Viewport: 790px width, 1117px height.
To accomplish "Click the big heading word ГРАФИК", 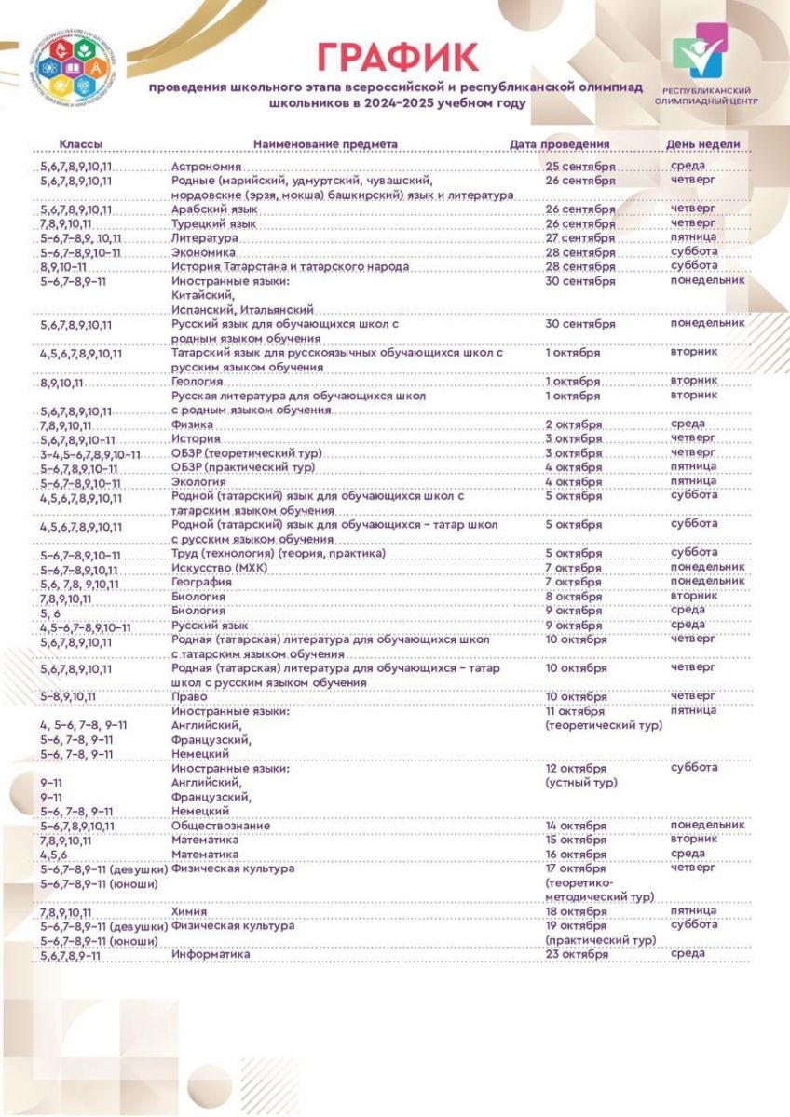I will (x=398, y=58).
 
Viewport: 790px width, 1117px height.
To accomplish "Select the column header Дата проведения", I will (x=560, y=144).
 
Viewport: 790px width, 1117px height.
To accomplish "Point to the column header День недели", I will (x=702, y=144).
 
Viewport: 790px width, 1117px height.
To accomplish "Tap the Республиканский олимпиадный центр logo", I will (x=705, y=70).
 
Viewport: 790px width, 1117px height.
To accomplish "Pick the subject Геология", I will (x=197, y=382).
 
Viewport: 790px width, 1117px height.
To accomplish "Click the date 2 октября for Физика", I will (x=573, y=425).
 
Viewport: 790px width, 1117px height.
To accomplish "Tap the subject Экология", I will (x=199, y=482).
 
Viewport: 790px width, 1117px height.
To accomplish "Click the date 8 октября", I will (x=573, y=597).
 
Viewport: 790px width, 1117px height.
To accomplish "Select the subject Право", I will (x=189, y=696).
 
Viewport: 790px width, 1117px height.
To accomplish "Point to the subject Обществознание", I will (x=222, y=826).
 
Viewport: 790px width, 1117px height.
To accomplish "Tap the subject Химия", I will (x=190, y=912).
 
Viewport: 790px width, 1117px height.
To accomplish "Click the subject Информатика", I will (x=211, y=955).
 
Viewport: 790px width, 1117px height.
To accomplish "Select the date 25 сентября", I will (x=580, y=167).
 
